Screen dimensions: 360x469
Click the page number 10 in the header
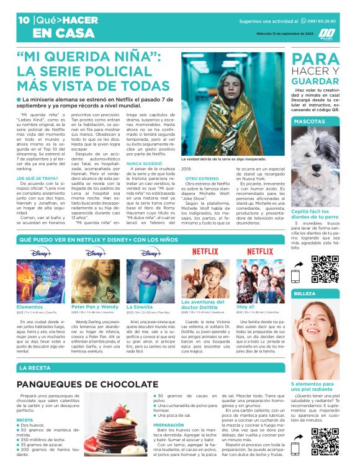pos(23,20)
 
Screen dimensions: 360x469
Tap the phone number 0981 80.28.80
pos(323,20)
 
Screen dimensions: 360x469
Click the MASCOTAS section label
pos(307,122)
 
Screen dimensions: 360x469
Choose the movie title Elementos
pos(30,306)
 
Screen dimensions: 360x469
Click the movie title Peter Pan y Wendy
pos(94,306)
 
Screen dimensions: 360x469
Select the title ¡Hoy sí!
pos(246,306)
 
